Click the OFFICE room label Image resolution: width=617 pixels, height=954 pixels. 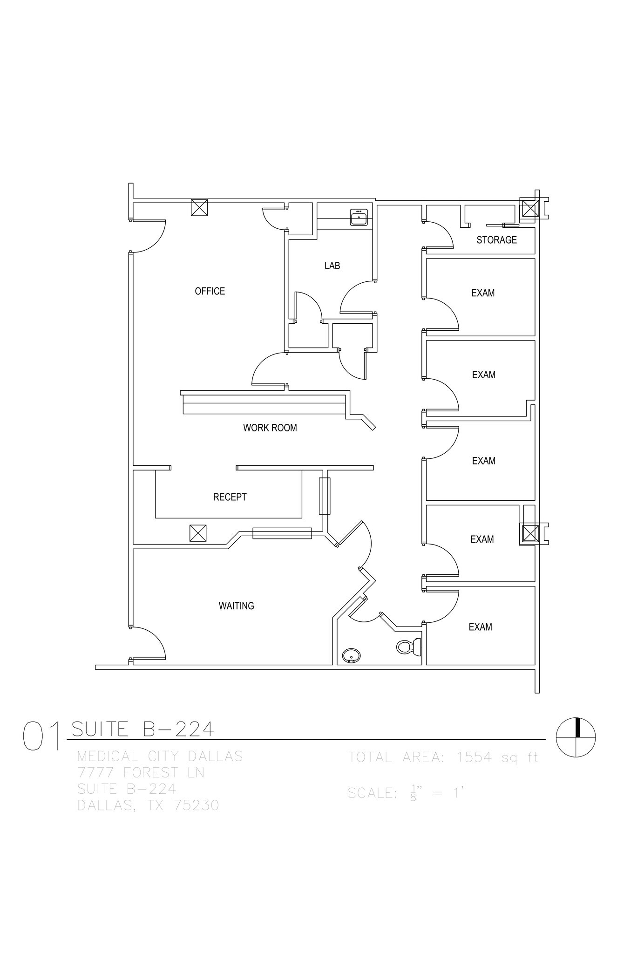pos(210,291)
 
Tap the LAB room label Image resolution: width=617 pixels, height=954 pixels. pos(332,266)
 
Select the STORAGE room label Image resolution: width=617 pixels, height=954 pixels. pos(496,240)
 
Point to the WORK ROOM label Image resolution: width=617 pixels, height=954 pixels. pos(270,428)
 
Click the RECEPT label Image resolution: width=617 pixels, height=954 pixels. pos(230,497)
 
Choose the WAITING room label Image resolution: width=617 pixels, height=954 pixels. pos(236,606)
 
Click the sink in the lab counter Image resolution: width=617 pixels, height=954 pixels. pos(359,217)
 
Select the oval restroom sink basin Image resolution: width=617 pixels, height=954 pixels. pos(351,656)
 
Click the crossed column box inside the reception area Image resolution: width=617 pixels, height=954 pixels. pos(198,533)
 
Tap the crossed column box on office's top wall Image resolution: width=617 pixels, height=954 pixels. pos(199,207)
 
